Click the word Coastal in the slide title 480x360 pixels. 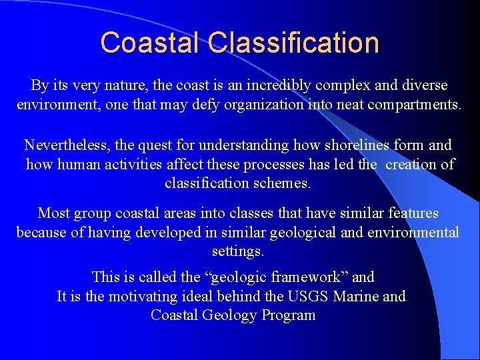[x=151, y=43]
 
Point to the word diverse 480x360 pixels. [x=421, y=85]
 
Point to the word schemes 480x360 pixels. [x=287, y=182]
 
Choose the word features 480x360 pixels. [x=413, y=213]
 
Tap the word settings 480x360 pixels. [x=239, y=251]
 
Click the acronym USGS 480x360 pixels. [x=307, y=296]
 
